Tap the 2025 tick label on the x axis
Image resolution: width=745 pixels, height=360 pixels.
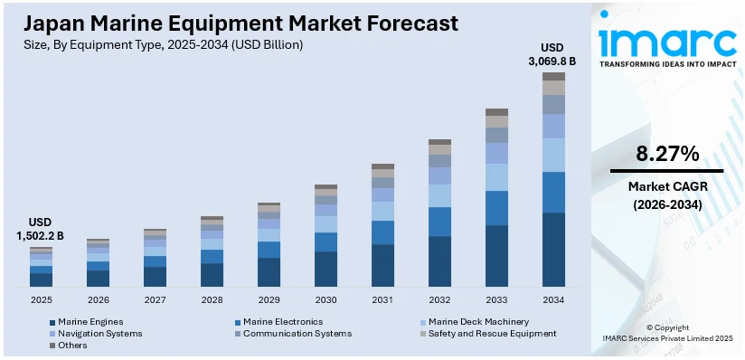tap(41, 299)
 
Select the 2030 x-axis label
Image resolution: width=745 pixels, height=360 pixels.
tap(325, 299)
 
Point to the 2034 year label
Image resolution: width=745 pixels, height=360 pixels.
tap(553, 299)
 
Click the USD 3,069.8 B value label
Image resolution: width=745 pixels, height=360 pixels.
tap(552, 54)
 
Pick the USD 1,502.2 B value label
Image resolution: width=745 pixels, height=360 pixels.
tap(41, 229)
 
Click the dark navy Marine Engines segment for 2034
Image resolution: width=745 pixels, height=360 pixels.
tap(553, 250)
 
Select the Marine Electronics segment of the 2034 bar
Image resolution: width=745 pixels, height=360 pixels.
tap(553, 192)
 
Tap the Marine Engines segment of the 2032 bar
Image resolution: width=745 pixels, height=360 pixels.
tap(439, 261)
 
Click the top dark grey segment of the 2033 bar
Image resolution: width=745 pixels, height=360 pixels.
tap(496, 112)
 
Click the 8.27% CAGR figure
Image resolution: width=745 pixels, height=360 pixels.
tap(666, 154)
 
